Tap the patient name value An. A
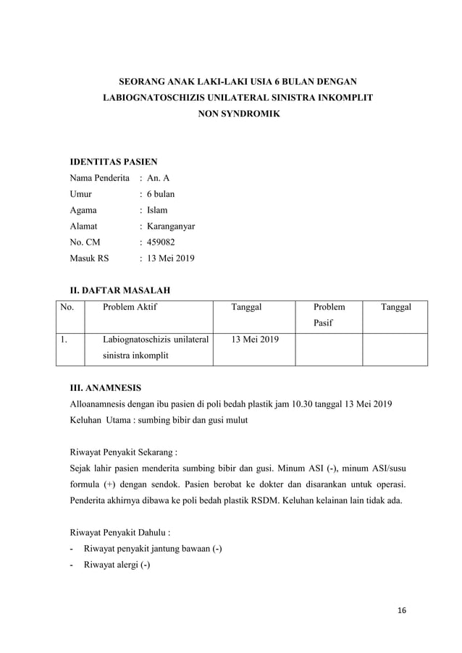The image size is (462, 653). pos(159,178)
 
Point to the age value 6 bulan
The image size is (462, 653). pos(161,194)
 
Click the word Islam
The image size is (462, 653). pos(157,210)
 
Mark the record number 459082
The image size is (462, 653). pos(161,242)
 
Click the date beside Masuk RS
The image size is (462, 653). pos(170,258)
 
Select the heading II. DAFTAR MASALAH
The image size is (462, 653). pos(119,290)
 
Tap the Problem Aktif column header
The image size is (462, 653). pos(130,307)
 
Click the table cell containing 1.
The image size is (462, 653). pos(65,340)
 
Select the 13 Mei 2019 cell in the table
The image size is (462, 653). pos(254,340)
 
